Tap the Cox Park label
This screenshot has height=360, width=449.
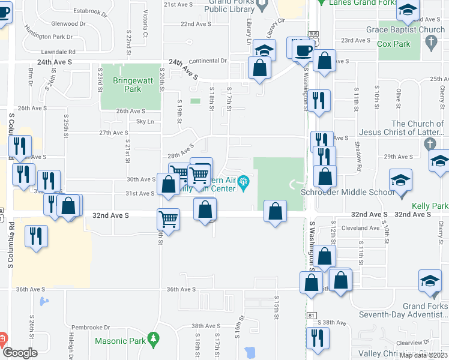pyautogui.click(x=394, y=44)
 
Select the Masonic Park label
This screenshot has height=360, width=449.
pyautogui.click(x=119, y=341)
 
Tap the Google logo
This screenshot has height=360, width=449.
pyautogui.click(x=20, y=353)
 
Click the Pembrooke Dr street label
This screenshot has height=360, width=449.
pyautogui.click(x=95, y=328)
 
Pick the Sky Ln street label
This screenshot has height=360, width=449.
pyautogui.click(x=146, y=122)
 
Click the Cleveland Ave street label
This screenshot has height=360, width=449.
pyautogui.click(x=353, y=228)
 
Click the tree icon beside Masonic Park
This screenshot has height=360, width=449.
pyautogui.click(x=153, y=340)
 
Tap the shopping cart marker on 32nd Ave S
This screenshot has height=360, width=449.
pyautogui.click(x=168, y=218)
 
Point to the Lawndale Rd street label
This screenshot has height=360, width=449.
pyautogui.click(x=57, y=52)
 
